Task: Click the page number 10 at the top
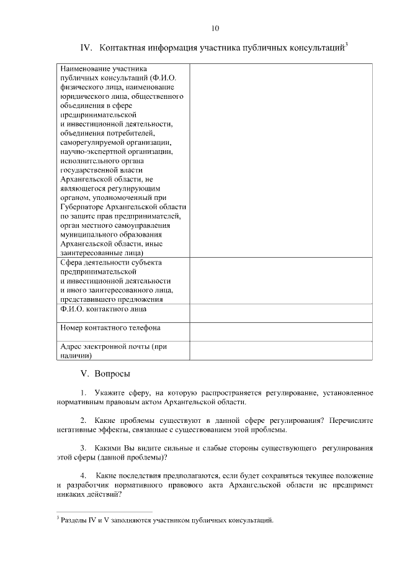(x=215, y=28)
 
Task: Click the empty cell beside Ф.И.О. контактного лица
(x=280, y=312)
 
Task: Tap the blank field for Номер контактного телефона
(x=280, y=332)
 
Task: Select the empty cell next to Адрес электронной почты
(x=280, y=351)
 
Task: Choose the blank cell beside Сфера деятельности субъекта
(x=280, y=280)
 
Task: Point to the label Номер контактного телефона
(x=110, y=327)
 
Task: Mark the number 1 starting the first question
(x=83, y=393)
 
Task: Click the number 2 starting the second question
(x=83, y=420)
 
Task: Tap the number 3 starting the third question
(x=83, y=448)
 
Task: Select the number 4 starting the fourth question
(x=83, y=475)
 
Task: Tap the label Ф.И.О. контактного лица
(x=103, y=308)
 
